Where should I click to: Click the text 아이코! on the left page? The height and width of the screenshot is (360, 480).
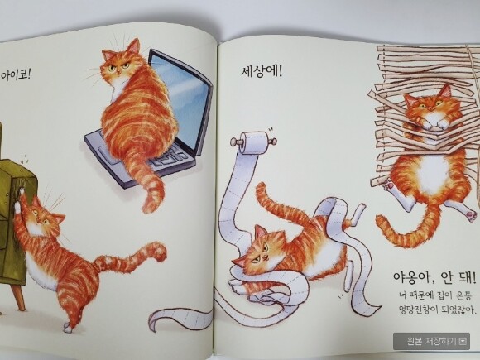15,75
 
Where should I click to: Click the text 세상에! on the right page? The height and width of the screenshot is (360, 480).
262,72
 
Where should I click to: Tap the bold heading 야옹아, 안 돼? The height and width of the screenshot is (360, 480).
434,277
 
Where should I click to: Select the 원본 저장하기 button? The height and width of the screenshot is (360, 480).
431,341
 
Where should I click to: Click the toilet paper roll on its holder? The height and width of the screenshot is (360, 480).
254,142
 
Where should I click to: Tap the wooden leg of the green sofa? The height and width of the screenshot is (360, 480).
19,295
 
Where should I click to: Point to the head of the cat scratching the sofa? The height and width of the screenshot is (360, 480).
46,215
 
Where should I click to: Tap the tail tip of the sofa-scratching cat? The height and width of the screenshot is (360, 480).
159,249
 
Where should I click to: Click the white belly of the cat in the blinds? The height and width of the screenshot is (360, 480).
433,173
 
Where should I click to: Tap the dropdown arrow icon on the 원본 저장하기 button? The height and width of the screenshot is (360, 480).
463,341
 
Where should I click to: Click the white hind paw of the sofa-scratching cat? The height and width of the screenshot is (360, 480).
68,328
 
